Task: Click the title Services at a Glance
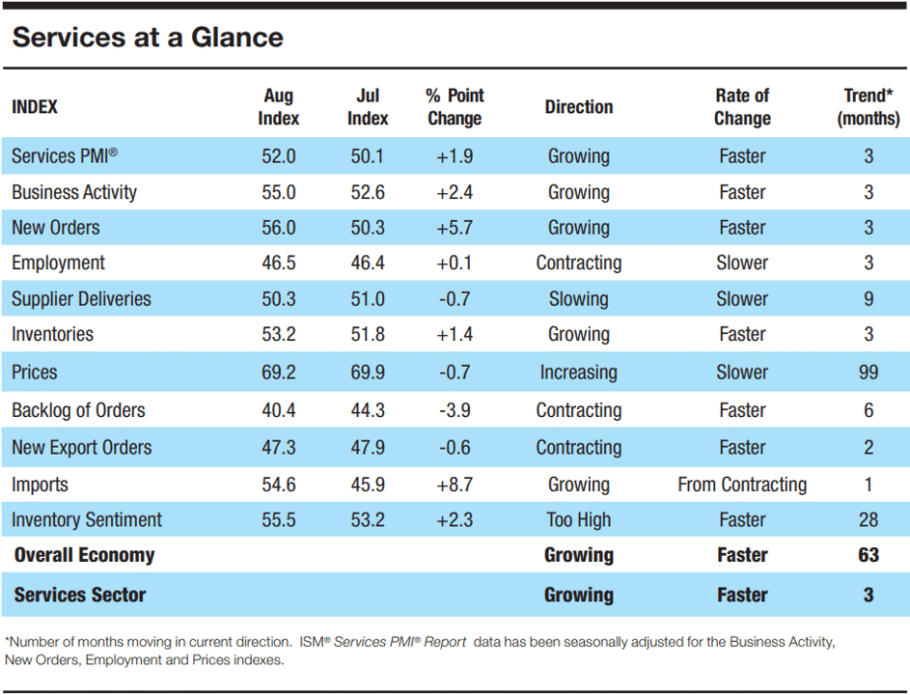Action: [148, 37]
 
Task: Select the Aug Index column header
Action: [279, 107]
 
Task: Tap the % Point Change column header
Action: [455, 107]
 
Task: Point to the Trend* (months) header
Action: [869, 107]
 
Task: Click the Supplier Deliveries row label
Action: [81, 298]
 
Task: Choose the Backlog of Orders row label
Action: [78, 410]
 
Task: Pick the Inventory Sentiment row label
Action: [87, 519]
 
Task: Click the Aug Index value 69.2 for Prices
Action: [279, 372]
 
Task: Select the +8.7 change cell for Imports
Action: [455, 485]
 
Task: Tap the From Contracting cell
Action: [742, 485]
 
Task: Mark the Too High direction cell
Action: [579, 519]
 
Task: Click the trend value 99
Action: [869, 372]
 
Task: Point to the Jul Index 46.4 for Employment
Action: [368, 263]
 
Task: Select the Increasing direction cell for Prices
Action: [579, 373]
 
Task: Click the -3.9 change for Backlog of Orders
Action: [455, 410]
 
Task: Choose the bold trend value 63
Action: [869, 554]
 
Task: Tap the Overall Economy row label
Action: [84, 555]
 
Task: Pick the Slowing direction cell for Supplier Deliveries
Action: [579, 299]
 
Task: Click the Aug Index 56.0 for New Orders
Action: [279, 227]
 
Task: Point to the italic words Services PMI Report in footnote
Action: [400, 642]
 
